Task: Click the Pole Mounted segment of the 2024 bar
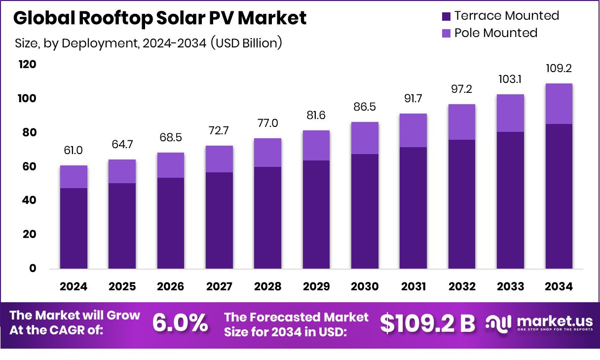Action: pos(74,177)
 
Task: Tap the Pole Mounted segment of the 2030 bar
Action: pos(365,138)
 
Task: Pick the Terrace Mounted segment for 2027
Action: pos(219,220)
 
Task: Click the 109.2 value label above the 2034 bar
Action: pos(559,69)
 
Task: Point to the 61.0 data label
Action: pos(74,151)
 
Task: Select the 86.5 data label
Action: pos(365,107)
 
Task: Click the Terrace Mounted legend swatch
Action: pos(446,16)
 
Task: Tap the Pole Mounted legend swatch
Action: pos(446,34)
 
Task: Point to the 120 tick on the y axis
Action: pos(28,65)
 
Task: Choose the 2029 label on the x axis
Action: pos(316,287)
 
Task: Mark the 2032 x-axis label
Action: pos(462,287)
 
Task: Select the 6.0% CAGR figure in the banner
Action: pos(180,323)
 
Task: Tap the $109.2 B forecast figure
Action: pos(427,323)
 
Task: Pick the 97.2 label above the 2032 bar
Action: pos(462,89)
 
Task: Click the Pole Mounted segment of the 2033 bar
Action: pos(510,113)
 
